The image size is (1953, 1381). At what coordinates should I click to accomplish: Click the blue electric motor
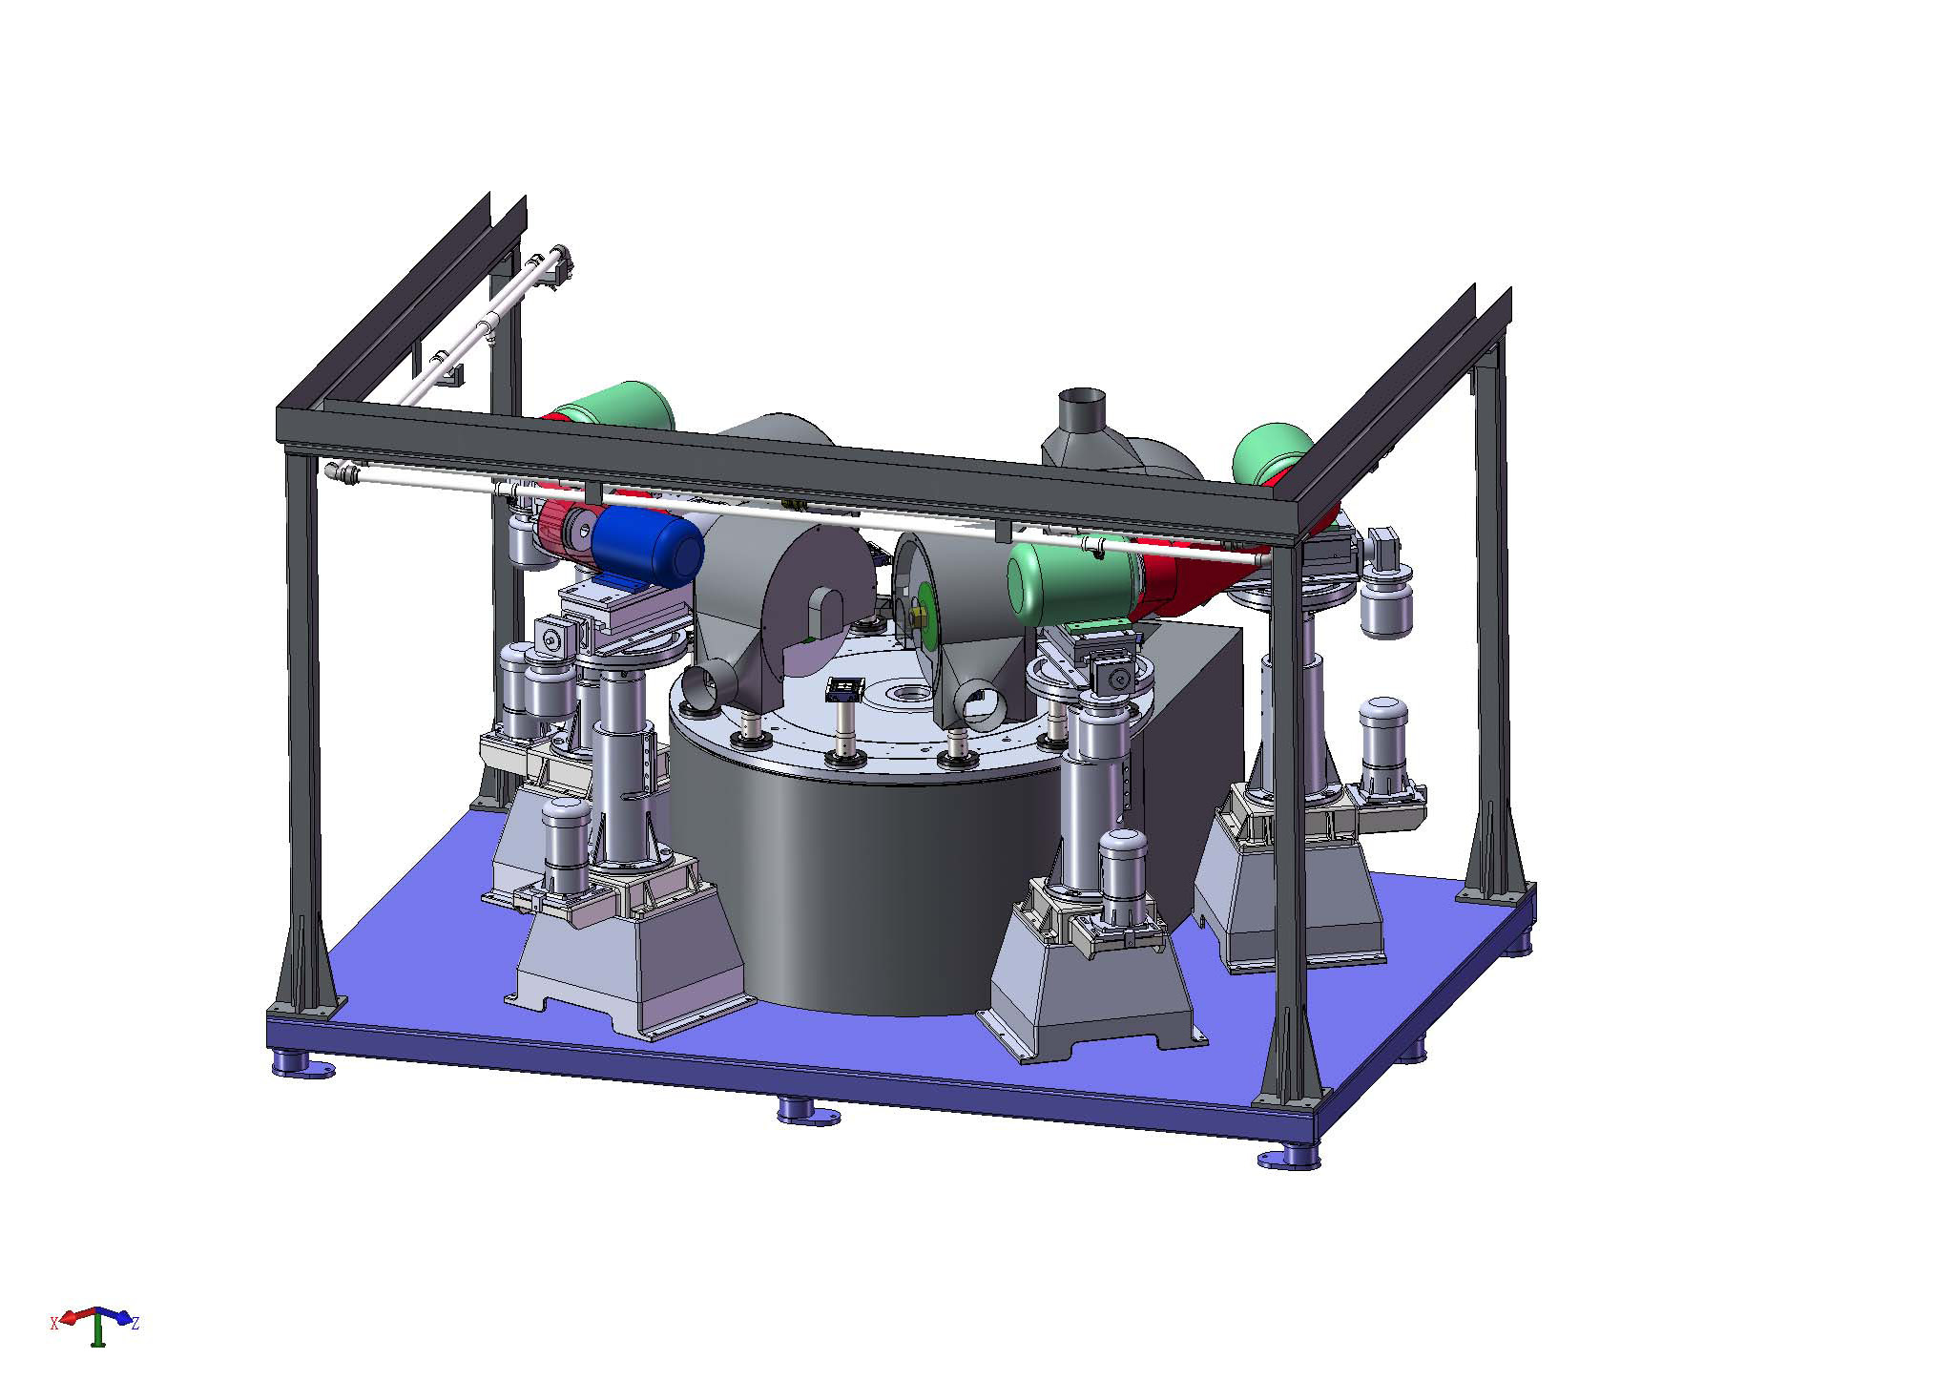click(x=646, y=546)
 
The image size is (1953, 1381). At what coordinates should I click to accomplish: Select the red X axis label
click(x=54, y=1323)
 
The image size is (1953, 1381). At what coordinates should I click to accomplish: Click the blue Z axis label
click(x=135, y=1323)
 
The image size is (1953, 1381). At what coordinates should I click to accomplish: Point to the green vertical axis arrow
click(x=97, y=1330)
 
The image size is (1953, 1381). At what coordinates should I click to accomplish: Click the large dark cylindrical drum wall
click(x=840, y=888)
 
